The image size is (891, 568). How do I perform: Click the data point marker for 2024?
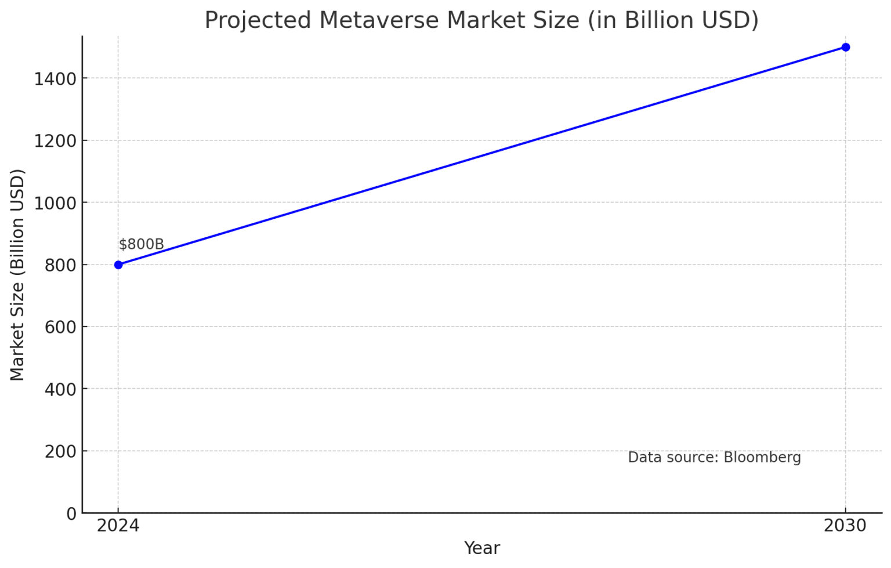pos(118,265)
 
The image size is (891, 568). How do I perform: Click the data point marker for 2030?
pos(845,47)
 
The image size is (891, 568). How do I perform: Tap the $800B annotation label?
pos(141,244)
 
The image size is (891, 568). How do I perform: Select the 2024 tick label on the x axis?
pos(118,526)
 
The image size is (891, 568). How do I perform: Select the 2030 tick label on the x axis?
pos(845,526)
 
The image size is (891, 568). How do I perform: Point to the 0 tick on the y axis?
pos(71,513)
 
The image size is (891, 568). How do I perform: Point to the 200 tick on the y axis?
pos(60,451)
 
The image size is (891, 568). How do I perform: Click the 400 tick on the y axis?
pos(60,389)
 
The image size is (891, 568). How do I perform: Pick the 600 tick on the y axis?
pos(60,327)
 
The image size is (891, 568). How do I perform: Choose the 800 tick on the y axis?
pos(60,265)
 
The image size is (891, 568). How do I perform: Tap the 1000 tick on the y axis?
pos(55,203)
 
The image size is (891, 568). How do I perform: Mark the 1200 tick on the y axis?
pos(55,141)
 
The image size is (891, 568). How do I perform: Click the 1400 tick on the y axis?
pos(55,79)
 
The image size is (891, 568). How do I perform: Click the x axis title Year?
pos(481,548)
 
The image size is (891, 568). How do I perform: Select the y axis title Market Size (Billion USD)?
pos(17,274)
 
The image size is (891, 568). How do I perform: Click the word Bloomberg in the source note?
pos(762,458)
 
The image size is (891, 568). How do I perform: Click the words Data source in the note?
pos(673,458)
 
